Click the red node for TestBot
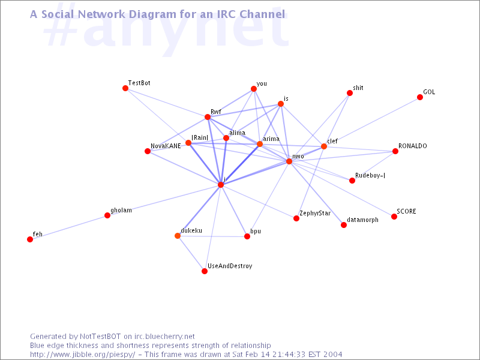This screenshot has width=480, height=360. coord(125,88)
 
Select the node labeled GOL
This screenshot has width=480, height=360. coord(420,97)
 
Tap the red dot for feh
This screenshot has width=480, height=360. coord(30,239)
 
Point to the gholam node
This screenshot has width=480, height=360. coord(107,215)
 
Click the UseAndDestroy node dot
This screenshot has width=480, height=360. coord(205,271)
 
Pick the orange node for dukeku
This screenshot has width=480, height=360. coord(178,235)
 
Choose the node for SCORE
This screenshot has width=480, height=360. coord(394,217)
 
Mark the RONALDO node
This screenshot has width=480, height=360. coord(395,151)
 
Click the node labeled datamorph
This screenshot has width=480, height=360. coord(344,225)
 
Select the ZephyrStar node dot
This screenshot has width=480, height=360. coord(296,218)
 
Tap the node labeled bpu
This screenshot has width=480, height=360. coord(247,236)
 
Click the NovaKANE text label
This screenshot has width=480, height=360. coord(166,146)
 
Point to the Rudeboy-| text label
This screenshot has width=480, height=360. coord(370,175)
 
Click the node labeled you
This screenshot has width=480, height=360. coord(254,89)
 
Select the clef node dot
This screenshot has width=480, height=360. coord(324,146)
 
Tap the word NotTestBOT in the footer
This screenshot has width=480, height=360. coord(100,337)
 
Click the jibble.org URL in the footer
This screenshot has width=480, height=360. coord(83,355)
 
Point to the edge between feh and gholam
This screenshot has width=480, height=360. coord(68,227)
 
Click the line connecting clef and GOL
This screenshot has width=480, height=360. coord(372,122)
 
